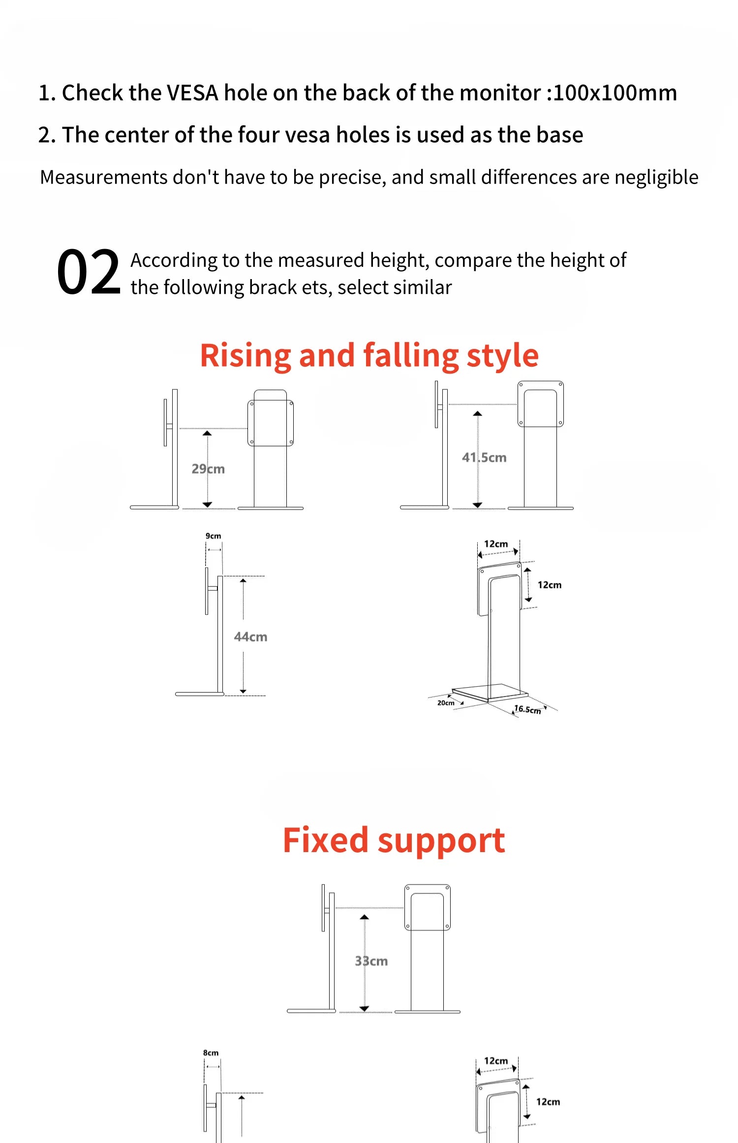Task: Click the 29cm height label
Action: (208, 469)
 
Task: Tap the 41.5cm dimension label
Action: (484, 457)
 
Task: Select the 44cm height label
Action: (250, 636)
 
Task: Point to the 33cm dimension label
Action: (371, 961)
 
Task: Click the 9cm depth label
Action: (213, 536)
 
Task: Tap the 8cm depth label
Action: (211, 1052)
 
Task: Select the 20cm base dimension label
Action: (446, 702)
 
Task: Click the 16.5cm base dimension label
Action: (527, 709)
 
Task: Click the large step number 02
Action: (89, 272)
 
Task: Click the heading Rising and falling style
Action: (369, 355)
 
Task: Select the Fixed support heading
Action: (394, 840)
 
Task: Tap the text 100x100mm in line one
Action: (615, 93)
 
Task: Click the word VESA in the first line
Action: (192, 93)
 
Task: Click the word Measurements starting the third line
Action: (104, 177)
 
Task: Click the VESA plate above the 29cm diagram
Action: (271, 423)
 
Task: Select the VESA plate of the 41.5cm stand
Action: (540, 404)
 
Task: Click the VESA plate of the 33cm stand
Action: (427, 907)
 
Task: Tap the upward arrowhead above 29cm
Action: (207, 433)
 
